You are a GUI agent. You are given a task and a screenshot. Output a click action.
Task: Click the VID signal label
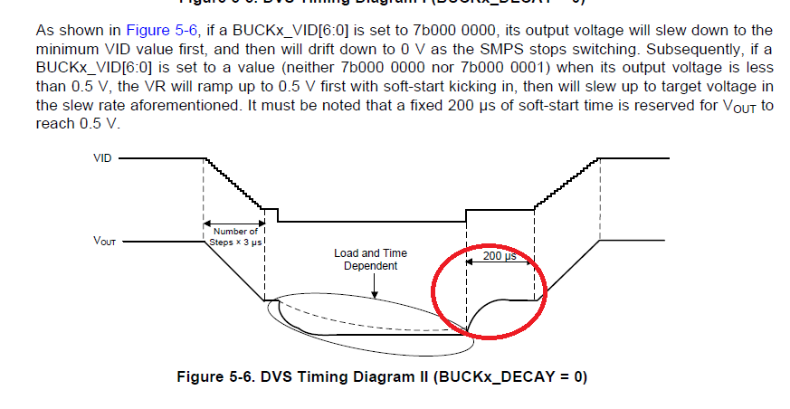tap(102, 157)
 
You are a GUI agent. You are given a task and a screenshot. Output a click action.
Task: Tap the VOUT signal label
tap(106, 243)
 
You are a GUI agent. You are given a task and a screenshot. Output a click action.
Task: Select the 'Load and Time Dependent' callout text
tap(371, 260)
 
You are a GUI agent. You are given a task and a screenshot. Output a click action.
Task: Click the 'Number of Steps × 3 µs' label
tap(235, 237)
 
